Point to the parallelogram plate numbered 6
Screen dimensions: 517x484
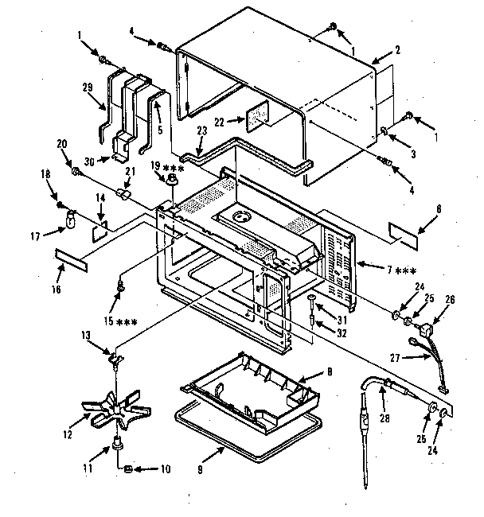[408, 231]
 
